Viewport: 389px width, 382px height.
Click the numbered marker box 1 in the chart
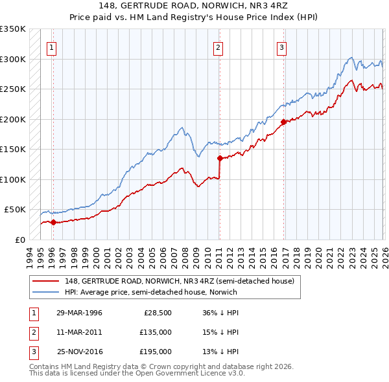point(51,47)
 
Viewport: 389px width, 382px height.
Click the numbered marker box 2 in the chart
point(218,47)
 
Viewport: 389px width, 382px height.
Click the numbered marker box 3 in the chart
point(282,47)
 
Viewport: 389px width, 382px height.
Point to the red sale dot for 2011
point(220,157)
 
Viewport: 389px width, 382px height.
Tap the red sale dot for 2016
point(283,122)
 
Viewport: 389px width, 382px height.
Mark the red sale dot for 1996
point(53,222)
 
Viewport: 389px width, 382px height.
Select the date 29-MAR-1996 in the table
point(79,313)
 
